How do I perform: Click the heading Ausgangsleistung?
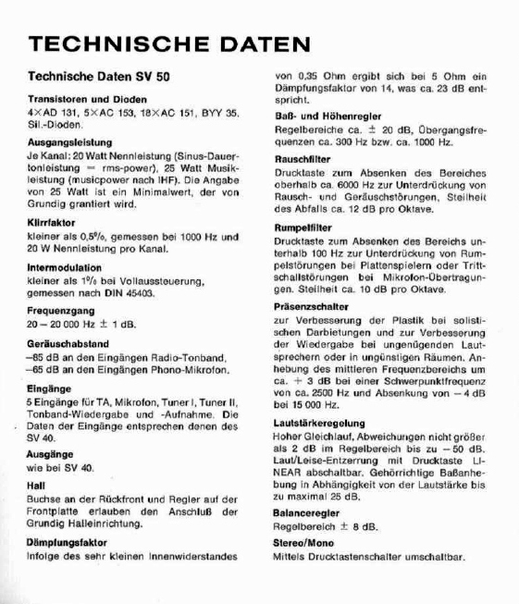click(x=69, y=143)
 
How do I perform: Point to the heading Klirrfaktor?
click(x=52, y=223)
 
